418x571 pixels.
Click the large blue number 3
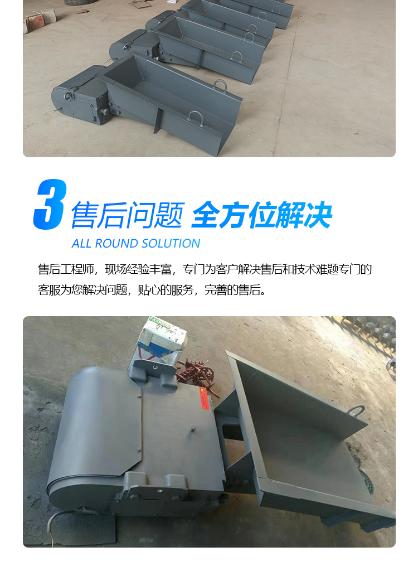point(50,204)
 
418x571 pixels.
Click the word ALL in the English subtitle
point(81,243)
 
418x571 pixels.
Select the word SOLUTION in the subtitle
point(171,243)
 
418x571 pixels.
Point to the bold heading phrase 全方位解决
point(262,215)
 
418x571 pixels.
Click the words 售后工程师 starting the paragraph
point(66,269)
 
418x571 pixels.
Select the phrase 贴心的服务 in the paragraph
point(166,290)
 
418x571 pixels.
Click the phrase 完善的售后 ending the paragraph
point(232,290)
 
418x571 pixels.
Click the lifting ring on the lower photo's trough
point(356,410)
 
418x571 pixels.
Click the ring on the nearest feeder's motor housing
point(68,96)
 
